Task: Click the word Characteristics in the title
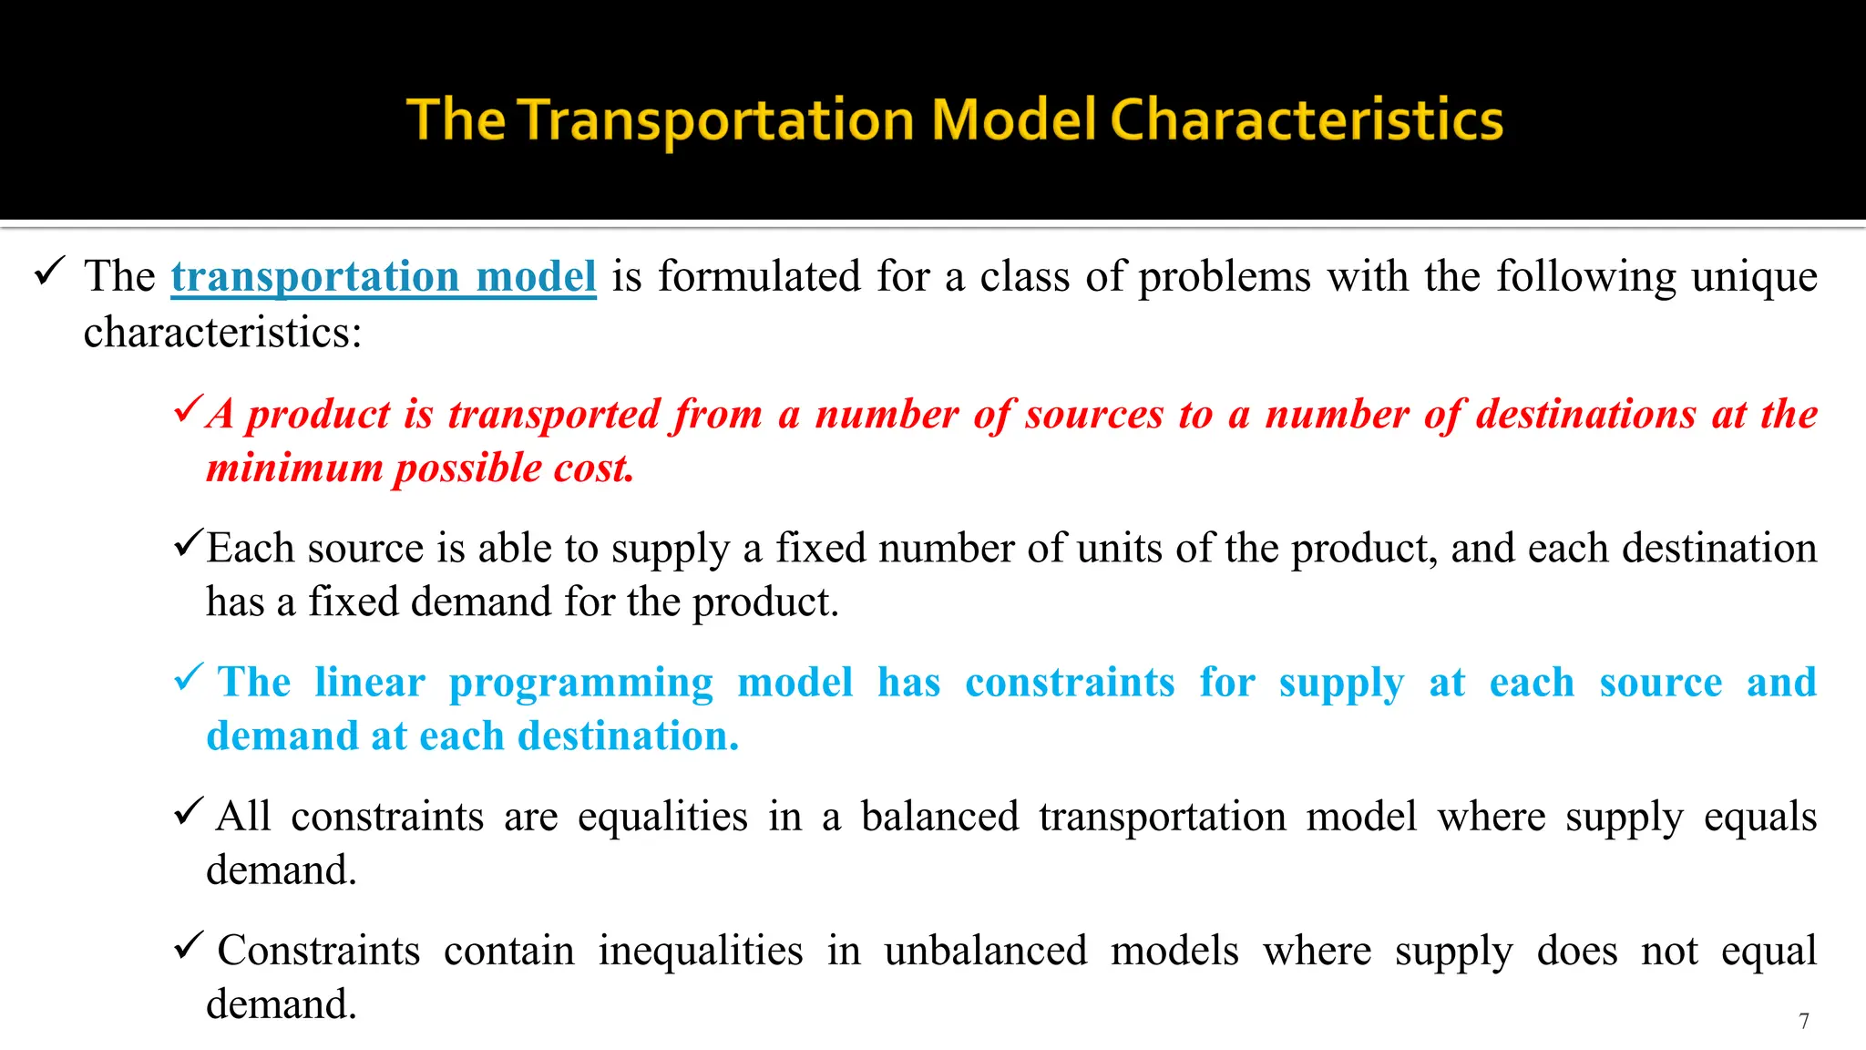(x=1306, y=119)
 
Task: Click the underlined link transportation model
(x=384, y=276)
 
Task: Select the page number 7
(x=1803, y=1021)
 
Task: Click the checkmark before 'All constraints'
(x=188, y=811)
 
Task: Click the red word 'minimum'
(x=294, y=468)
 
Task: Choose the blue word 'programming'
(x=580, y=685)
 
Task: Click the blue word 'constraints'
(x=1070, y=683)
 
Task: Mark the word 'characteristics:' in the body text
(x=223, y=332)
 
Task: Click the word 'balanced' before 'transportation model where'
(x=939, y=817)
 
